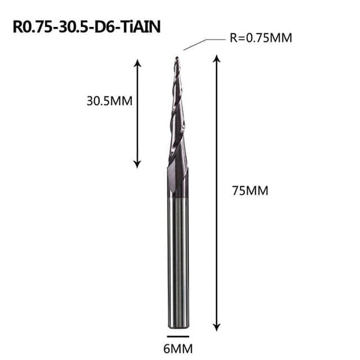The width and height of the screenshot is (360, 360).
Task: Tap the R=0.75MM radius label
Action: coord(260,38)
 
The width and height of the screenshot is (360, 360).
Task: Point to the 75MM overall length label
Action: coord(248,191)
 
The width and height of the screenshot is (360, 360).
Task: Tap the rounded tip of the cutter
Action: coord(176,58)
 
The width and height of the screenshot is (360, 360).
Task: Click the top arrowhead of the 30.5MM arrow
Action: coord(137,62)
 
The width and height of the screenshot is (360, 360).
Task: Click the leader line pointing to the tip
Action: coord(195,44)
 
